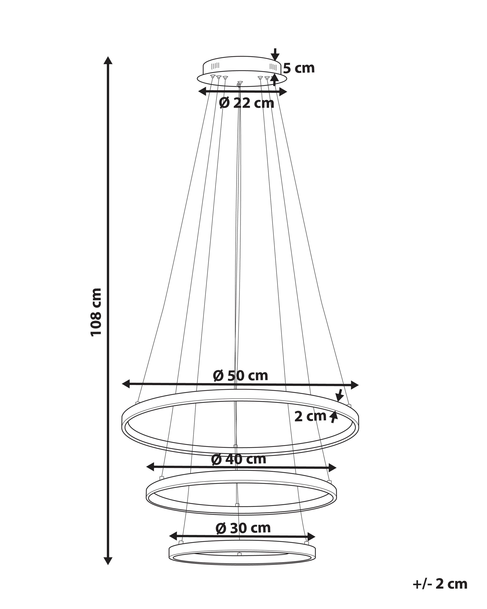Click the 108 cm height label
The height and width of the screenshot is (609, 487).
(96, 312)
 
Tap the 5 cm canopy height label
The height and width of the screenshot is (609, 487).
(299, 68)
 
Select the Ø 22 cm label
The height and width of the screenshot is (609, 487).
(247, 103)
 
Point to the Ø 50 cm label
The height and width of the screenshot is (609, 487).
(240, 375)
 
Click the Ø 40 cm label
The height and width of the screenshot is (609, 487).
(239, 459)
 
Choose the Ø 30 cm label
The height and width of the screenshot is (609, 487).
(243, 528)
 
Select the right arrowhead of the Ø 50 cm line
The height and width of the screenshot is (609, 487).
(355, 385)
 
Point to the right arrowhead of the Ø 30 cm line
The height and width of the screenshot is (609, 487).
(311, 536)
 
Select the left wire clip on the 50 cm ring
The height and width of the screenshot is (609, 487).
(138, 402)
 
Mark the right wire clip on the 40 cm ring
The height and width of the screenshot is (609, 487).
(328, 481)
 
